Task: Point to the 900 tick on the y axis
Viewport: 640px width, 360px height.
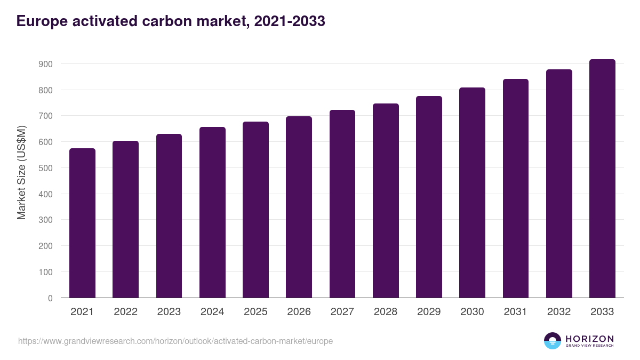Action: [x=46, y=64]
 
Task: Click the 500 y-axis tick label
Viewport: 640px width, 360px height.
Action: [x=46, y=168]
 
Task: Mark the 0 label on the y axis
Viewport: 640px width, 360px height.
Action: [x=50, y=298]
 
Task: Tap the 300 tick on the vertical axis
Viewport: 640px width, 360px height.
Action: [x=46, y=220]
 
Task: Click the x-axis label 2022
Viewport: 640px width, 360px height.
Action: [x=125, y=312]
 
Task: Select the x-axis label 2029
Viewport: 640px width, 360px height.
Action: [x=429, y=312]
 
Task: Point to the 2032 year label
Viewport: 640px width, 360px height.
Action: [x=559, y=312]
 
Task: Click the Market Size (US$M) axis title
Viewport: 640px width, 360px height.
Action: [x=21, y=172]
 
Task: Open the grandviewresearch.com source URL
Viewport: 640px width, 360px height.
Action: [x=175, y=341]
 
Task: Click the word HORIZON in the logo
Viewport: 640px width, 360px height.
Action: [x=589, y=339]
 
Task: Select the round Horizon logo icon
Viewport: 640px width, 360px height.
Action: [x=553, y=341]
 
